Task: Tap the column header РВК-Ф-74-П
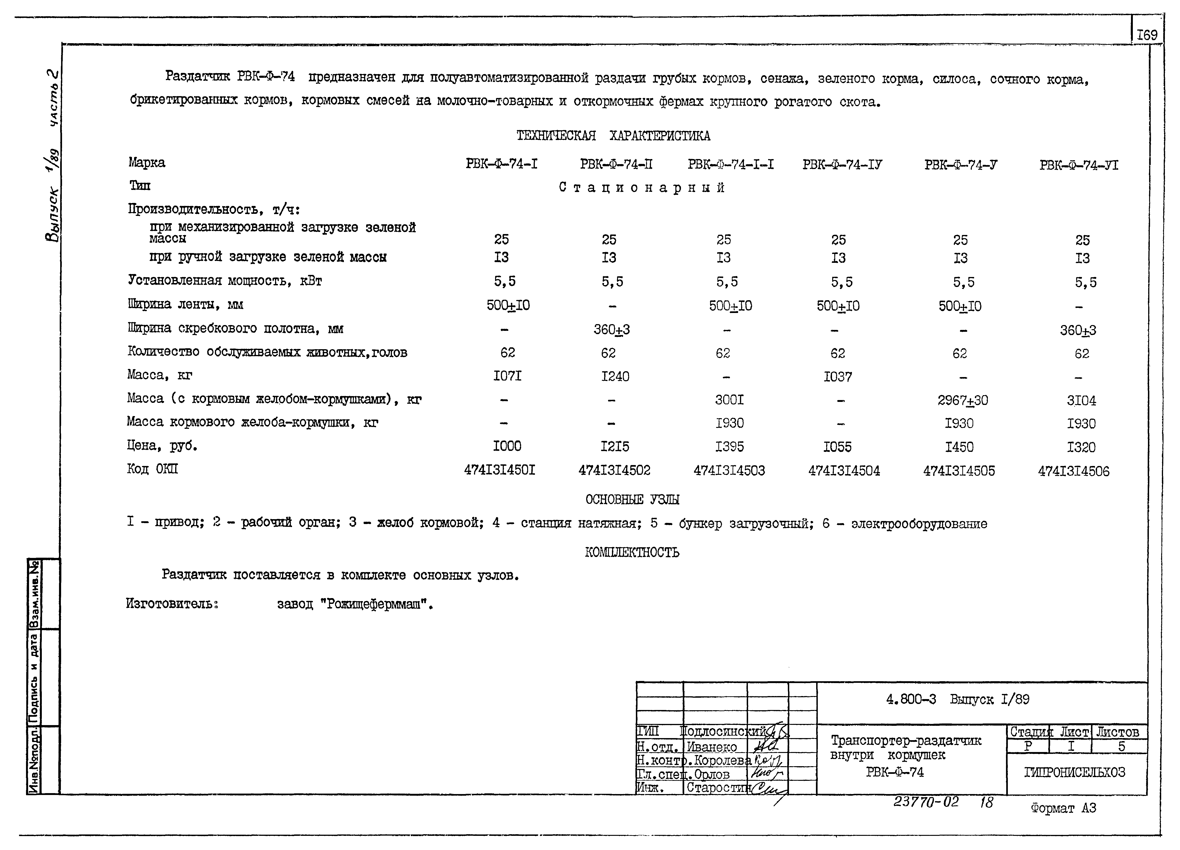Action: (x=616, y=165)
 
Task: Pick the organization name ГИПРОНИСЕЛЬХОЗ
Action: (x=1074, y=772)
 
